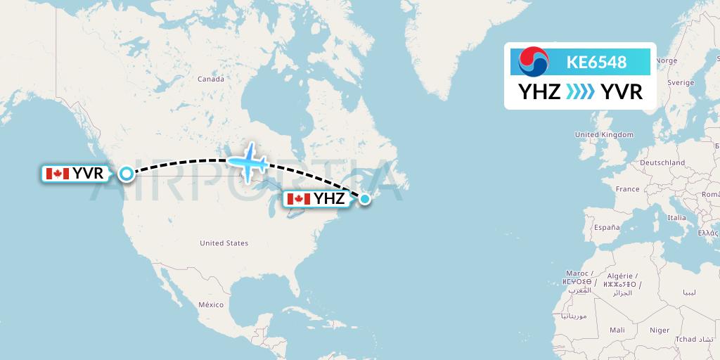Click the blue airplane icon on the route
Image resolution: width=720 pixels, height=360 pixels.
point(246,162)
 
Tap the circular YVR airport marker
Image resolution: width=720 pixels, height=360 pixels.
point(126,173)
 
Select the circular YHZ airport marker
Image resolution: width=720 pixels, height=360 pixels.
point(365,199)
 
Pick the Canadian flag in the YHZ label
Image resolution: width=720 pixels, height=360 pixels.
point(298,199)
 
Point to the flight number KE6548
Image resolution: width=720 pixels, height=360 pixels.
point(596,63)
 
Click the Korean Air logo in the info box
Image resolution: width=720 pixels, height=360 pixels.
point(533,62)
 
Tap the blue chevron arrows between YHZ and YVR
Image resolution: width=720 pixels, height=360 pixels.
point(580,92)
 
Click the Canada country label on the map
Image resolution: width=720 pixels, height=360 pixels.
point(210,79)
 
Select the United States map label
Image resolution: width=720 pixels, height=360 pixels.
point(224,243)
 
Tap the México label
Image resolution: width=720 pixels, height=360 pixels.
point(210,304)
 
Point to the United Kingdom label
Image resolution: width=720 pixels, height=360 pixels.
point(603,134)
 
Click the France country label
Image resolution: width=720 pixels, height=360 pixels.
point(627,189)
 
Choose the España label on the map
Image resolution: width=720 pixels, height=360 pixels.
point(605,228)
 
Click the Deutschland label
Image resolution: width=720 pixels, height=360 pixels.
point(662,162)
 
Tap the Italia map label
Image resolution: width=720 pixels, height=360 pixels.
point(676,218)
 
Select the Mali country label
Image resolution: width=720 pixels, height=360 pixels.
point(617,330)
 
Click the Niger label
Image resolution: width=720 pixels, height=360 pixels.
point(660,330)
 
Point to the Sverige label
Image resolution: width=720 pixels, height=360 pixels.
point(680,82)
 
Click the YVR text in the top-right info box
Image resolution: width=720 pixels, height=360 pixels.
point(622,92)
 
